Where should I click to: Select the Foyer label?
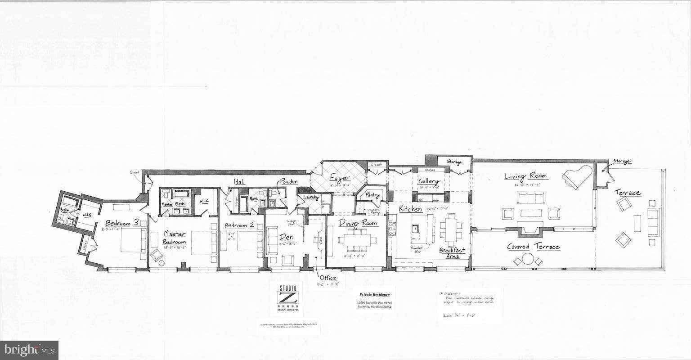pos(340,178)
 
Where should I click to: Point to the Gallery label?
pos(429,181)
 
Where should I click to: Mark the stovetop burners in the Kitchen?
pos(392,229)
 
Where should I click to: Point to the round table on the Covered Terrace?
pos(527,260)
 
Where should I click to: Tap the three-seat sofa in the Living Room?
pos(530,198)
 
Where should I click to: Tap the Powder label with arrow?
pos(289,181)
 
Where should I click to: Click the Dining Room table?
pos(358,239)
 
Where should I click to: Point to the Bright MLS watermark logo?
pos(29,350)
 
